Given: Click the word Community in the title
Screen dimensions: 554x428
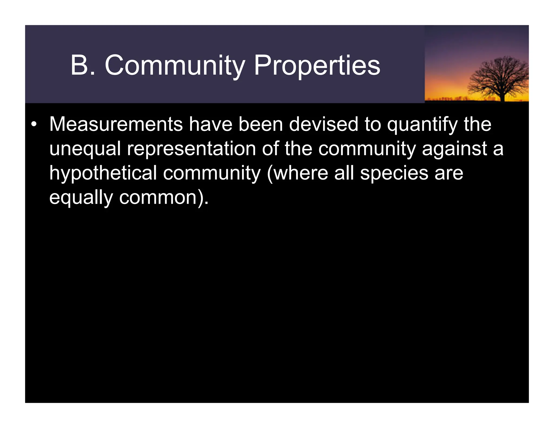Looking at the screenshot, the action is tap(175, 65).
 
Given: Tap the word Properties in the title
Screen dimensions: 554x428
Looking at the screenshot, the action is tap(317, 65).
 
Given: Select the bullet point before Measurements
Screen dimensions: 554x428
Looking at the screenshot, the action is tap(34, 124).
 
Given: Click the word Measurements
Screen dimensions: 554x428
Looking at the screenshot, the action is tap(116, 124).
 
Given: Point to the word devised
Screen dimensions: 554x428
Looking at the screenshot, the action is tap(324, 124).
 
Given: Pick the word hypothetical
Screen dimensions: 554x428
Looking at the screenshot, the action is tap(103, 173).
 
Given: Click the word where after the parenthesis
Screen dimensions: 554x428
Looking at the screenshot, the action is tap(301, 173).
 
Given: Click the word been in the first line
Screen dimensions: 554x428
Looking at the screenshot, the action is tap(260, 124).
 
